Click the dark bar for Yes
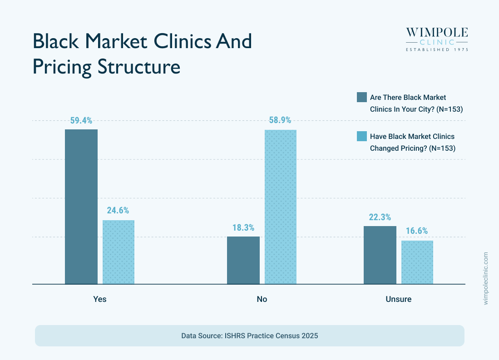[x=81, y=207]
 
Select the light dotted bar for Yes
[x=119, y=252]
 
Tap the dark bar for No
[x=243, y=260]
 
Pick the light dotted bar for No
[x=280, y=207]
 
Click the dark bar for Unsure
[x=380, y=255]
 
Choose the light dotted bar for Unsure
[x=417, y=262]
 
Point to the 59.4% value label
[x=81, y=121]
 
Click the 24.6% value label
[x=118, y=211]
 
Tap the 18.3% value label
[x=243, y=227]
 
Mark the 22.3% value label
[x=380, y=217]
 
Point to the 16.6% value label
[x=417, y=231]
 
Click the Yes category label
[x=100, y=300]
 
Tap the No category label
[x=262, y=300]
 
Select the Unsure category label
[x=399, y=300]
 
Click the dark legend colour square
[x=361, y=97]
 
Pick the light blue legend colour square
[x=361, y=136]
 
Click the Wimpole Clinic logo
[x=436, y=39]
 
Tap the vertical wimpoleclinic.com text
[x=486, y=278]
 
